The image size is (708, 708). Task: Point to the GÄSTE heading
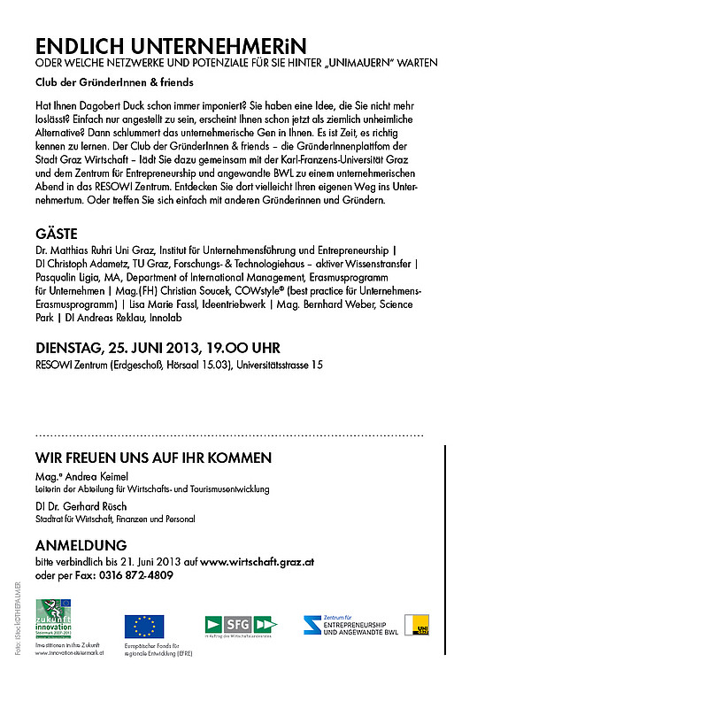pos(57,235)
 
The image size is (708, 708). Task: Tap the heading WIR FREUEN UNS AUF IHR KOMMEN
pos(153,458)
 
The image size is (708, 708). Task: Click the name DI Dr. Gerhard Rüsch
pos(81,506)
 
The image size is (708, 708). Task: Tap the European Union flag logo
pos(143,627)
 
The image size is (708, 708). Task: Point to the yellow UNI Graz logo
pos(417,625)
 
